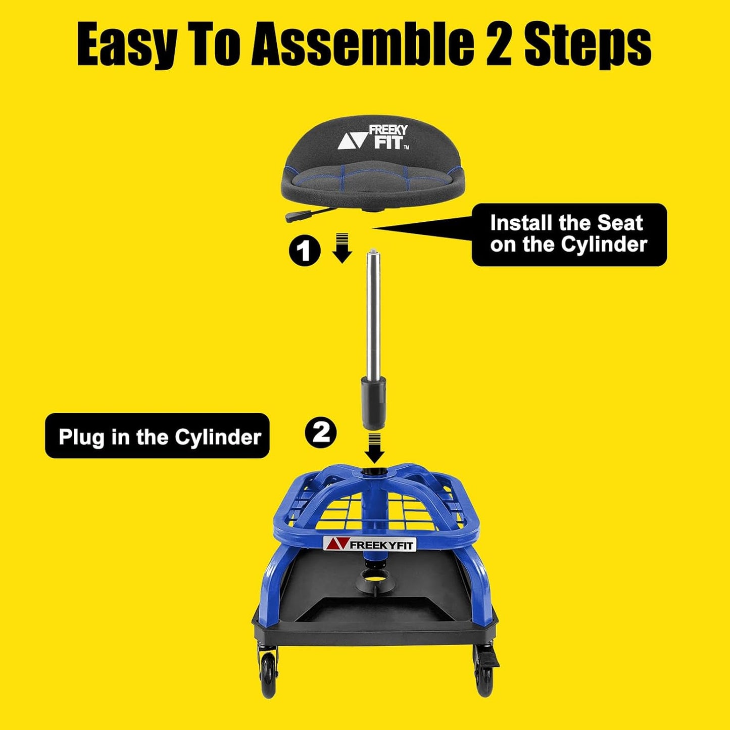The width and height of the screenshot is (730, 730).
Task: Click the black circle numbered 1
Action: click(x=305, y=251)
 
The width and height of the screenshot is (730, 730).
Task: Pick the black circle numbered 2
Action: click(x=321, y=432)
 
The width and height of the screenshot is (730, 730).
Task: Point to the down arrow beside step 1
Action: click(x=343, y=249)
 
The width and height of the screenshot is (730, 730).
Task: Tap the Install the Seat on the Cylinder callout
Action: click(x=569, y=234)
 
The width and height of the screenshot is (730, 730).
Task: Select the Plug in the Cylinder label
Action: click(x=157, y=436)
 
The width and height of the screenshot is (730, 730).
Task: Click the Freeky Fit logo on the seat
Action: click(x=374, y=138)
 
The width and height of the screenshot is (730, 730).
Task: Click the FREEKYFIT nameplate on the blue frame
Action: click(x=369, y=544)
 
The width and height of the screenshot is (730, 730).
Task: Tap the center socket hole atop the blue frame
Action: click(x=374, y=472)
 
